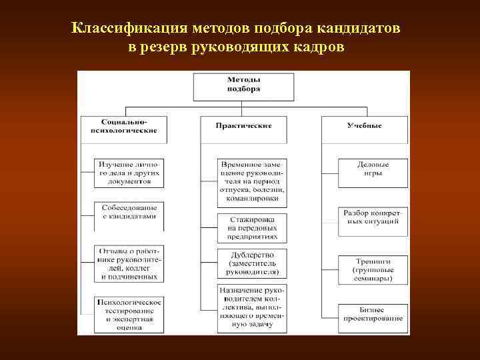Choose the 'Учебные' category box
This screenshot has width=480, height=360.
(x=364, y=125)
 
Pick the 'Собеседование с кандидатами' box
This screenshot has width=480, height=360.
(x=129, y=212)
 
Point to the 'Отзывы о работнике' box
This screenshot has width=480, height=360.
(x=129, y=263)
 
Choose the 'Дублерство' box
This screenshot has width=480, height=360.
(x=252, y=263)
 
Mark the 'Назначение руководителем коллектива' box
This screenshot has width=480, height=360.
(x=252, y=307)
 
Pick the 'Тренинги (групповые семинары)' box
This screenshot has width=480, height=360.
(x=373, y=269)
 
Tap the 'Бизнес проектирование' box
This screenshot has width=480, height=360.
(x=373, y=315)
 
